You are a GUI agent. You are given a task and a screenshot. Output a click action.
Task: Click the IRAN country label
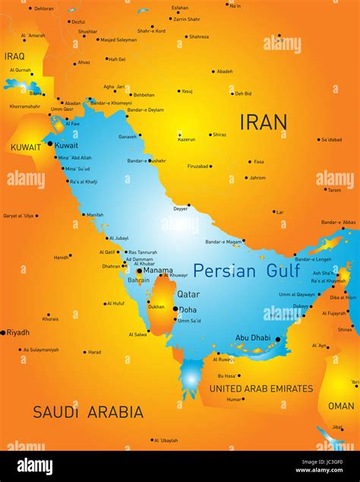point(264,122)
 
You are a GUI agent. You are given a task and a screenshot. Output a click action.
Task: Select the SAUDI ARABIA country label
point(87,412)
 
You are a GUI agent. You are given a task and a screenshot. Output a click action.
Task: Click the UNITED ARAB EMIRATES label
point(261,388)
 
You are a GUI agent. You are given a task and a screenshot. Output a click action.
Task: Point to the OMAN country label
point(341,406)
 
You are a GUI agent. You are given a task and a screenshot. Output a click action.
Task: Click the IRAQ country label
point(14,56)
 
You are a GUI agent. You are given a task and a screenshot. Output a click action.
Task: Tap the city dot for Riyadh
point(3,332)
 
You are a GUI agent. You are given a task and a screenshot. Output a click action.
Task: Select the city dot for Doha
point(175,309)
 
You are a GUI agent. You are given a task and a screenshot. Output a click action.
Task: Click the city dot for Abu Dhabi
point(278,339)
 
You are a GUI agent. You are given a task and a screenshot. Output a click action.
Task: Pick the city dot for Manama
point(139,270)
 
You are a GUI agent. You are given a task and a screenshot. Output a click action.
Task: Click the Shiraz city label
point(219,135)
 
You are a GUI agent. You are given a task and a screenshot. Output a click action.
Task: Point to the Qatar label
point(188,294)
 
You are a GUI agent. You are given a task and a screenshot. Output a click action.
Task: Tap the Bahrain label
point(138,280)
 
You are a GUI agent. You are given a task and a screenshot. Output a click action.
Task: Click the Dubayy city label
point(301,306)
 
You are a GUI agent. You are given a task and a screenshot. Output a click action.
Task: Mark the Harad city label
point(94,352)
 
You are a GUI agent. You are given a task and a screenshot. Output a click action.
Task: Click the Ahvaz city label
point(84,62)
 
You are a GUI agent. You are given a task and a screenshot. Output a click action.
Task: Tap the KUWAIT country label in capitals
point(25,147)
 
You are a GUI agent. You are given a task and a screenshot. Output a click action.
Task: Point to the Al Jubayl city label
point(118,238)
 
